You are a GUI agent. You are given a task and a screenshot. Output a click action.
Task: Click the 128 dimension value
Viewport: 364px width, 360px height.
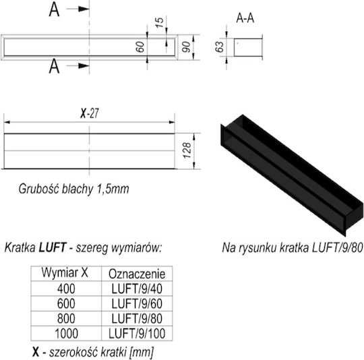[187, 150]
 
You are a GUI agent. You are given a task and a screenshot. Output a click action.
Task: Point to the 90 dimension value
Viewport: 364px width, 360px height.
[186, 47]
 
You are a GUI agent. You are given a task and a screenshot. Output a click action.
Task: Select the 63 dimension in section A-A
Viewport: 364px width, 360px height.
[219, 47]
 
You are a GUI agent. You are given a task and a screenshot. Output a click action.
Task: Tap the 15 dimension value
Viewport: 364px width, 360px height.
[159, 22]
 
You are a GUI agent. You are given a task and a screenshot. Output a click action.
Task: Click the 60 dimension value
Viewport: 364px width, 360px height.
[140, 47]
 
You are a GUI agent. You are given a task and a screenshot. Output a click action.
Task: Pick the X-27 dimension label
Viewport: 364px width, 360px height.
[90, 113]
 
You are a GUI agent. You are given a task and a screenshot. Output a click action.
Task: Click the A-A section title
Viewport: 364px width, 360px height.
[245, 18]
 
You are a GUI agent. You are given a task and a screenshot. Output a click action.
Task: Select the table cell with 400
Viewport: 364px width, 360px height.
[66, 289]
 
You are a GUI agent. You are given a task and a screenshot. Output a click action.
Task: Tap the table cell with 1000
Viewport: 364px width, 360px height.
[66, 334]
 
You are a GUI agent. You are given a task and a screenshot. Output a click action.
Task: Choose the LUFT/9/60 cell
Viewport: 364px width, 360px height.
[137, 303]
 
